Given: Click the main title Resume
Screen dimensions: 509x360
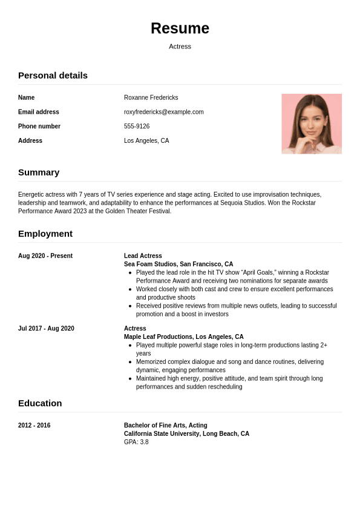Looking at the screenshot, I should point(180,28).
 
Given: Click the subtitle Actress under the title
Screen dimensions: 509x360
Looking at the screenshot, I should point(180,47).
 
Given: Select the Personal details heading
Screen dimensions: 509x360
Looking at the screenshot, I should point(53,76).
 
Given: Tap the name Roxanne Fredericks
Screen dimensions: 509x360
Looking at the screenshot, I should point(151,97).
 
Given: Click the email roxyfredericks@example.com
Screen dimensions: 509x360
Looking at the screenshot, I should point(163,112).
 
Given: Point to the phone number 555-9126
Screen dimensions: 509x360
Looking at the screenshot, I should point(137,126).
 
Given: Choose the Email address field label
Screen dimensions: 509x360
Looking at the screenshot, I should point(39,112).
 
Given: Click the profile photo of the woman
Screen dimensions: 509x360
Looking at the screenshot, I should point(311,123).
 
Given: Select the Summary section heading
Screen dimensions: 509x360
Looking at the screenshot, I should point(39,172).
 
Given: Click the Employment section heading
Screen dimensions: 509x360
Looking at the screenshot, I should point(45,234).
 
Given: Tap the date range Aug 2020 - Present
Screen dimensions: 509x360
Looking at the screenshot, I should point(45,256).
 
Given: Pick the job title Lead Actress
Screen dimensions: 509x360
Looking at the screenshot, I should point(143,256).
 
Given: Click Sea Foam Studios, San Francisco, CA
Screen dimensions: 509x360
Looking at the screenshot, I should point(178,264).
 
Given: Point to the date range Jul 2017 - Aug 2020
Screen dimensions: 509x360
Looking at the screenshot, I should point(46,329).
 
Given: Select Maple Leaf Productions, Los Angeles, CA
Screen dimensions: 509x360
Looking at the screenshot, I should point(184,337).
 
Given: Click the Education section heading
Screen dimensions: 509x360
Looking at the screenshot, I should point(40,404).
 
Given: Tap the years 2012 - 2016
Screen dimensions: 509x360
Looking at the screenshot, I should point(34,425).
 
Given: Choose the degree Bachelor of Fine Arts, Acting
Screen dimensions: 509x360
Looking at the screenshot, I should point(165,425).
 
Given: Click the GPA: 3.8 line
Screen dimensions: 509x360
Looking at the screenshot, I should point(136,442).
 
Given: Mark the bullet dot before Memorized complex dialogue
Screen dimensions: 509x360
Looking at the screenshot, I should point(131,362).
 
